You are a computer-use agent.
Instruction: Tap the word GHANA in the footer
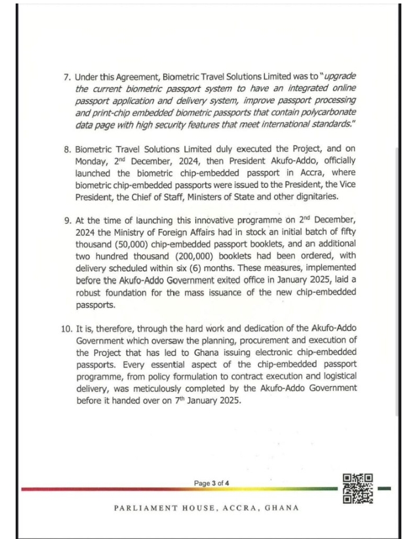(281, 508)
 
